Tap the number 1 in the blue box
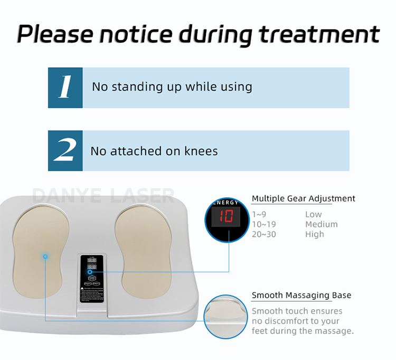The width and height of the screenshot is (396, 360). pyautogui.click(x=65, y=88)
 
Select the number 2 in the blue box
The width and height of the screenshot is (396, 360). pyautogui.click(x=65, y=151)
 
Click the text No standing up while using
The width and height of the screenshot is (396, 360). pyautogui.click(x=172, y=87)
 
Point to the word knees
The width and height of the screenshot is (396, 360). pyautogui.click(x=200, y=151)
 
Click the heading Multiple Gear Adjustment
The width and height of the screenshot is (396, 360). pyautogui.click(x=303, y=199)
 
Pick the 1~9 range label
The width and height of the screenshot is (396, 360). pyautogui.click(x=260, y=215)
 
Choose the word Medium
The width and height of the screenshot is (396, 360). pyautogui.click(x=321, y=224)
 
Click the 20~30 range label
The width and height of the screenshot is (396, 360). pyautogui.click(x=264, y=234)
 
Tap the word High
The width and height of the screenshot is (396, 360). pyautogui.click(x=315, y=234)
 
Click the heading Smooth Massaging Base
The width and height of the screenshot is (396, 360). pyautogui.click(x=301, y=296)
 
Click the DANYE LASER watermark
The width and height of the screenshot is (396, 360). pyautogui.click(x=103, y=196)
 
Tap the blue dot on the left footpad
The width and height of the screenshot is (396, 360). pyautogui.click(x=45, y=256)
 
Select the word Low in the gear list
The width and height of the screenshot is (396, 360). pyautogui.click(x=313, y=215)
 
